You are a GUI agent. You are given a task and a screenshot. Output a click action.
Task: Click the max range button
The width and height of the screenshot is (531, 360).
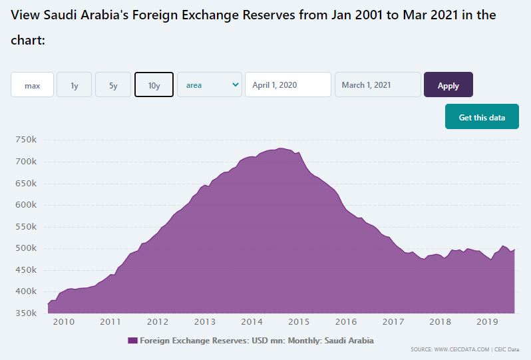coord(32,85)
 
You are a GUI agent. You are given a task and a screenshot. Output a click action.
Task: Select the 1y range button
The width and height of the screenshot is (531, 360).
coord(75,85)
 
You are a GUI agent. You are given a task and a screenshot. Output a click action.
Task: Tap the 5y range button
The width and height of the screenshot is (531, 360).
coord(113,85)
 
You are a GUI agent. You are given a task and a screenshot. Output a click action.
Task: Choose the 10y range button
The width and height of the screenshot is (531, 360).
coord(154,85)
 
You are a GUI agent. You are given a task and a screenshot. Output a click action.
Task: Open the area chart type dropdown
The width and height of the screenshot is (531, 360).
coord(210,85)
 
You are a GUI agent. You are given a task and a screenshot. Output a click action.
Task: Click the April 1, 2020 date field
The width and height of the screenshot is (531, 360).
coord(288,85)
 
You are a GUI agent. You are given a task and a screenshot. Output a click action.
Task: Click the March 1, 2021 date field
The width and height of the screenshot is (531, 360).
coord(378,85)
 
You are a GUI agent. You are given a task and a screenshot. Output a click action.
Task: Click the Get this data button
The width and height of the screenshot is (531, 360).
coord(482,117)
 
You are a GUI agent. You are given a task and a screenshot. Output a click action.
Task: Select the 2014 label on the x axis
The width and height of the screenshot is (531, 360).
coord(252,322)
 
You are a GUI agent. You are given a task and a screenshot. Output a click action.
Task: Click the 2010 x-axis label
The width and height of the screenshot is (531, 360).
coord(63,322)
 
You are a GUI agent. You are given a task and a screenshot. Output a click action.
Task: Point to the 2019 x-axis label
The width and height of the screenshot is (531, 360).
coord(488,322)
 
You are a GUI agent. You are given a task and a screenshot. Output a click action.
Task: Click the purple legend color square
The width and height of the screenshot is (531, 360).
coord(132,341)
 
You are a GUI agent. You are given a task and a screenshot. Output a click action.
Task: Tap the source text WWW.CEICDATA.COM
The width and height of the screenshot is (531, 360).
coord(462,349)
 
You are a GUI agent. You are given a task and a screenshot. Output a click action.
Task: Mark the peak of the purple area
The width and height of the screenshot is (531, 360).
coord(281,148)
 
